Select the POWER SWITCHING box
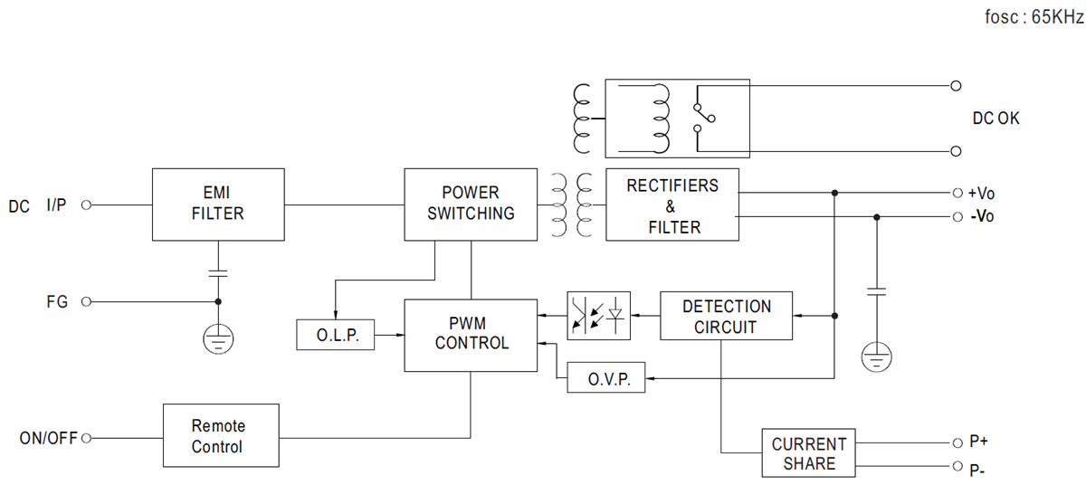(x=471, y=204)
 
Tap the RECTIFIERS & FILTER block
(x=672, y=205)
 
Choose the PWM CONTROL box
(x=471, y=334)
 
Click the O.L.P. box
(x=336, y=336)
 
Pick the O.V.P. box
(x=605, y=377)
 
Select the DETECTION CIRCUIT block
(x=726, y=317)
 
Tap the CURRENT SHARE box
(x=808, y=453)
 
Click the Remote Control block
(x=220, y=436)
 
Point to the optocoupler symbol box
(x=598, y=316)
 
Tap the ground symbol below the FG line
(x=217, y=338)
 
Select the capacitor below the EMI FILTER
(x=217, y=271)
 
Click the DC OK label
(x=995, y=119)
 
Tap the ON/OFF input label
(x=49, y=439)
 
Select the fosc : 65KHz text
(x=1034, y=18)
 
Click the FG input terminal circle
(x=87, y=302)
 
